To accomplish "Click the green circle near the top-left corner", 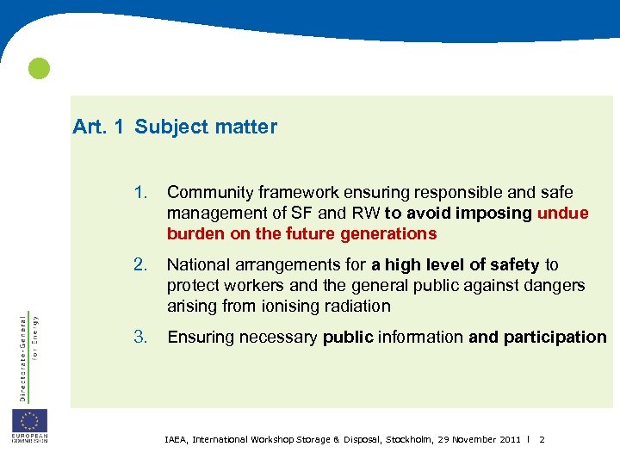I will [39, 69].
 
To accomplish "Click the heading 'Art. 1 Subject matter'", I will [175, 127].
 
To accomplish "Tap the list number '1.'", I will [143, 192].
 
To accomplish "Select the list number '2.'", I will [143, 265].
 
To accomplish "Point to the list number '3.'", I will [143, 337].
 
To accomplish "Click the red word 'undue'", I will [562, 213].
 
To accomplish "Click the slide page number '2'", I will [542, 439].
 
